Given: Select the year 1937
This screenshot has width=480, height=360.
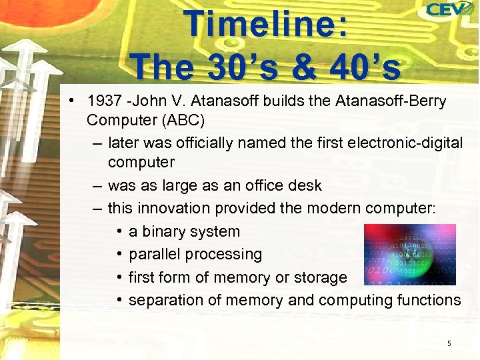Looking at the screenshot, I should tap(106, 102).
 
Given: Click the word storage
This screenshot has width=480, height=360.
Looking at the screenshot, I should tap(320, 277).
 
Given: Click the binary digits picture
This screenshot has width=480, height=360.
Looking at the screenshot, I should tap(409, 255).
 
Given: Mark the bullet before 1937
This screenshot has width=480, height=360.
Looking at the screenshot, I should tap(71, 102).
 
